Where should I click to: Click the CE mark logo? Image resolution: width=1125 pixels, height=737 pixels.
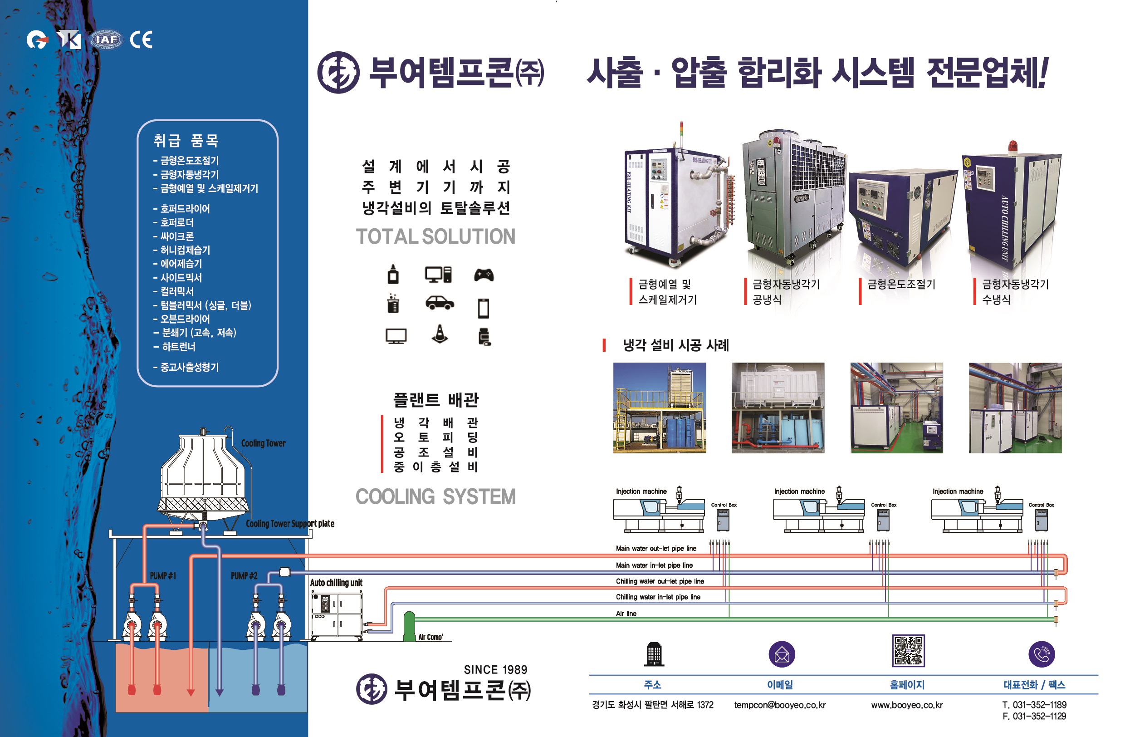142,40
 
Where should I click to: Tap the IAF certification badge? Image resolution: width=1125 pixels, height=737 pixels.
106,40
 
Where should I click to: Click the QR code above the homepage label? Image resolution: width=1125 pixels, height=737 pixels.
908,650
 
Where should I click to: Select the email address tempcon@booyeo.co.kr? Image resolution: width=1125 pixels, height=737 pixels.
779,705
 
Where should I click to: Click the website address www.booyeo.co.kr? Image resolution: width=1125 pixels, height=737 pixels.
907,705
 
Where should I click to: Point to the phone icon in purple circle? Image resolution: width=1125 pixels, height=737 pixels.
1042,654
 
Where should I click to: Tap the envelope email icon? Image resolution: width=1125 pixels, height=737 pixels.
782,655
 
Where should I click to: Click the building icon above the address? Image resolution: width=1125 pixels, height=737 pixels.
654,655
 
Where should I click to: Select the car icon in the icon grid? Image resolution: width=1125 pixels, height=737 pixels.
440,303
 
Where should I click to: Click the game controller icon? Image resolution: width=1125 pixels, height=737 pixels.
484,275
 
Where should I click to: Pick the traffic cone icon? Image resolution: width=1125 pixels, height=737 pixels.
440,334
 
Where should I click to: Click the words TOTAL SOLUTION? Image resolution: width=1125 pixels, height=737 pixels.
435,236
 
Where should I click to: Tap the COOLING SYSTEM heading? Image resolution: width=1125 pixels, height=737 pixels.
435,497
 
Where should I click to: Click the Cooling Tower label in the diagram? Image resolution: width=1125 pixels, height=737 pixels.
263,443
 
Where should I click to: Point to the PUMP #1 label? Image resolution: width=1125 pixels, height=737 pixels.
162,576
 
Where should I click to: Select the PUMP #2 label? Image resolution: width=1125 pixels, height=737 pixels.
244,576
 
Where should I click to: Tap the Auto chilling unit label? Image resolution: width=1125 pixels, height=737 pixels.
336,583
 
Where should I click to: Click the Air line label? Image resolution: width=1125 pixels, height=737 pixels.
626,614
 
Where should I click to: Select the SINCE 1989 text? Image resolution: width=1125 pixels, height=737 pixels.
495,669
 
